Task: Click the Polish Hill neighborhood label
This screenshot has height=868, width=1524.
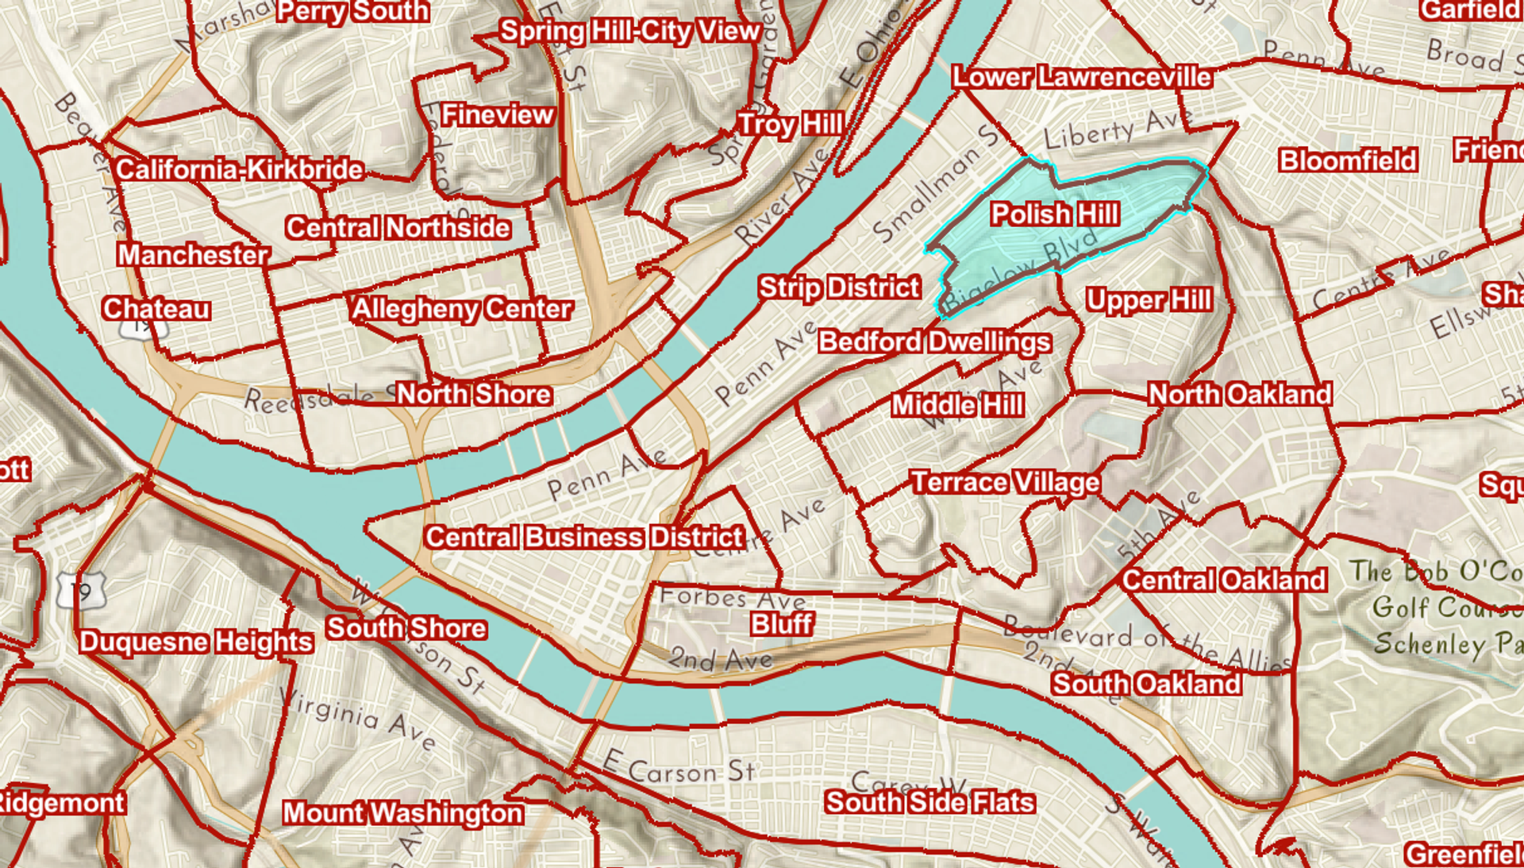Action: (x=1055, y=214)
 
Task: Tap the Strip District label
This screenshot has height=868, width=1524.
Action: (x=839, y=287)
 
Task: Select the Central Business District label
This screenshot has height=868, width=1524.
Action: (x=585, y=538)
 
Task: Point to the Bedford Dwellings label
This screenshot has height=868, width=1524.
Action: (x=934, y=342)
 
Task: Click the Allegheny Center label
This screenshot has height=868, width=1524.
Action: (x=461, y=309)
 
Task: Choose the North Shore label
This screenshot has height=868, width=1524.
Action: (x=474, y=394)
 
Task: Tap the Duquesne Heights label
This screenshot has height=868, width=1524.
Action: (x=196, y=642)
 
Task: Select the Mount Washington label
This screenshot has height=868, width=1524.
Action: (x=403, y=813)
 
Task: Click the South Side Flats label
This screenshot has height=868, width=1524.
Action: (x=929, y=802)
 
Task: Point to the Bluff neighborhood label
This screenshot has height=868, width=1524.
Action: (x=783, y=624)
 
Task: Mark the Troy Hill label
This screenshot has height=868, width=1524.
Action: (x=790, y=125)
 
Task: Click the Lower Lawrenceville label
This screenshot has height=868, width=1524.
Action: (x=1081, y=78)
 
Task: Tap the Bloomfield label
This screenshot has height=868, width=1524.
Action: (x=1348, y=160)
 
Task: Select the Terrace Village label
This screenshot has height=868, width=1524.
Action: (x=1005, y=483)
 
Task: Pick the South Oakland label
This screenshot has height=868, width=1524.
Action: (x=1146, y=684)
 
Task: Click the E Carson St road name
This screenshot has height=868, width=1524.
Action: (x=679, y=769)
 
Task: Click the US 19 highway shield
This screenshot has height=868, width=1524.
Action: (x=80, y=590)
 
